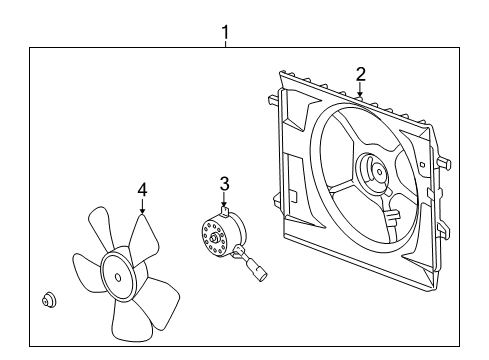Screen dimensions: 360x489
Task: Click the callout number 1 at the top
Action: click(x=225, y=33)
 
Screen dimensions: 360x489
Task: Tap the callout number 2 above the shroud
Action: click(x=361, y=72)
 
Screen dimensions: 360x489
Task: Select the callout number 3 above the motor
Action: click(x=225, y=183)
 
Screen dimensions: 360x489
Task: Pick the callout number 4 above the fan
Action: click(x=142, y=188)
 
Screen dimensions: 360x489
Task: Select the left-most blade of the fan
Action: click(x=84, y=270)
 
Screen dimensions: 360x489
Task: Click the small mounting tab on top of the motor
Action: click(x=227, y=211)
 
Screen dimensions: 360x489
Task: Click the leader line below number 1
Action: click(x=225, y=44)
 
